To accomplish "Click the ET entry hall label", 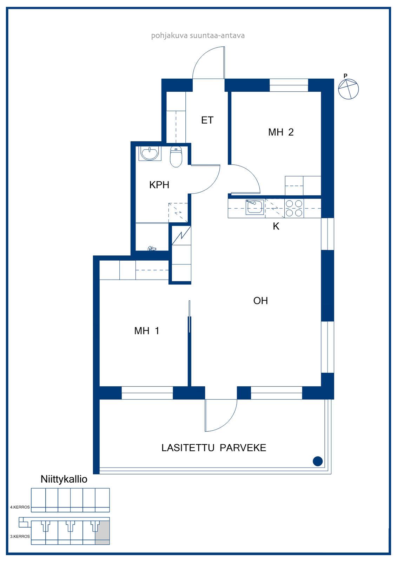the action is (x=207, y=120).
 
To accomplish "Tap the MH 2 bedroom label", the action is (x=281, y=132).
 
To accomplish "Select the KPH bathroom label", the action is (x=159, y=185).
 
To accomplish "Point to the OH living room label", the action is (x=260, y=301).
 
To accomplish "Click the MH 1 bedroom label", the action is (x=147, y=331).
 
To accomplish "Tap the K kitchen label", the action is (x=276, y=226).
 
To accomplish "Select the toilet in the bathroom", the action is (x=176, y=157).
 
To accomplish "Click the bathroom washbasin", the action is (x=150, y=153).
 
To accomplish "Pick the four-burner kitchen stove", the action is (x=294, y=208).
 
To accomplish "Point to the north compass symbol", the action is (x=348, y=88).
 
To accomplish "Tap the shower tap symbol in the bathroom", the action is (x=151, y=248).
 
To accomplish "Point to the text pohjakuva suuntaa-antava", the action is (x=198, y=35).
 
